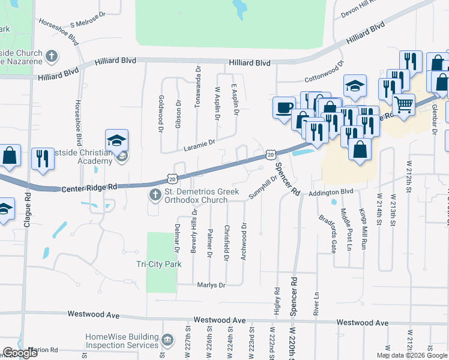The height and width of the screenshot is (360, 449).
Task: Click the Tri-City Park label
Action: pos(158,263)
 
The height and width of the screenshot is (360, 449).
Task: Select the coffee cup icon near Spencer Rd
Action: pos(284,108)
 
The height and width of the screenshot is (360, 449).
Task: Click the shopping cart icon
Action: pos(403,104)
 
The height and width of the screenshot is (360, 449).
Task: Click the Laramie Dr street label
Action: pos(200,145)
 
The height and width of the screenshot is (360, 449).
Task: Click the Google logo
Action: pos(19,352)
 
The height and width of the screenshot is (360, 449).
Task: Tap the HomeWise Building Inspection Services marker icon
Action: pos(168,341)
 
